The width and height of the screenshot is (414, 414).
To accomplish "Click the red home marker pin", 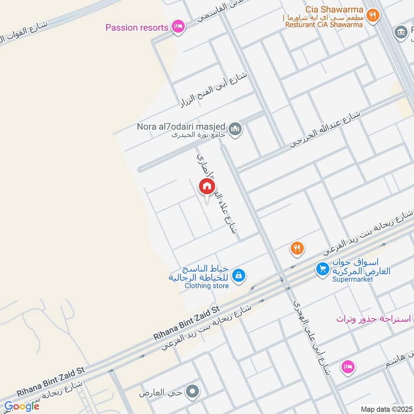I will [x=206, y=187].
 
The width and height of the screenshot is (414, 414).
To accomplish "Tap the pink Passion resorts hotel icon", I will [x=178, y=27].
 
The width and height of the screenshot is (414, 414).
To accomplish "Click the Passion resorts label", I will [x=137, y=27].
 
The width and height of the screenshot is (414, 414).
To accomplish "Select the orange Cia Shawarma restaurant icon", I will [x=372, y=16].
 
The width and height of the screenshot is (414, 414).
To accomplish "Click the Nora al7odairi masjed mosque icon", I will [x=235, y=128].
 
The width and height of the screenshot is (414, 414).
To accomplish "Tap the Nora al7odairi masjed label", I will [x=182, y=126].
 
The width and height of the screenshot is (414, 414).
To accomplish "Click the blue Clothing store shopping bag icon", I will [x=238, y=275].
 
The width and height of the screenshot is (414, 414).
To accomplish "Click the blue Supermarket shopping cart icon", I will [x=322, y=269].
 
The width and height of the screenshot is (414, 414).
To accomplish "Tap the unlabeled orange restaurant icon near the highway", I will [x=297, y=248].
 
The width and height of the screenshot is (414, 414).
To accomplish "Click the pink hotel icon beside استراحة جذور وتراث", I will [x=347, y=367].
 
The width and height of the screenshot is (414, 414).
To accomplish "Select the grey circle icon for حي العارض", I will [x=193, y=392].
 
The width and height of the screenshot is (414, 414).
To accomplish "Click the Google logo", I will [x=22, y=406].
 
